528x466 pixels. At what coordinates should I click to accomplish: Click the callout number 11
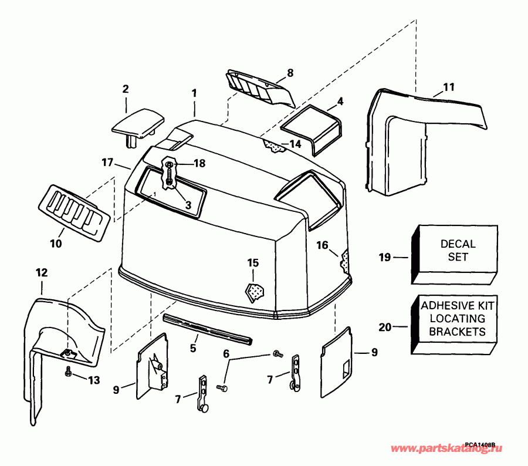(x=449, y=87)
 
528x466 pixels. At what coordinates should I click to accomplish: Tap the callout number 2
(x=126, y=89)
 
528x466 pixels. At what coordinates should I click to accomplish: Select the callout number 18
(x=199, y=163)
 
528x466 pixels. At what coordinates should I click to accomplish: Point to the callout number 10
(x=56, y=244)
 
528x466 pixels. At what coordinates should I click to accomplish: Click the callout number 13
(x=94, y=380)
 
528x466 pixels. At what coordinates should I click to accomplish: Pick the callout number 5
(x=193, y=348)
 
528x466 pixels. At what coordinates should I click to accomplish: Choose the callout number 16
(x=322, y=245)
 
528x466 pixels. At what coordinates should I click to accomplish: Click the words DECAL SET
(x=458, y=251)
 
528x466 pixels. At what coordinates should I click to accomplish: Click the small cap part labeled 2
(x=138, y=124)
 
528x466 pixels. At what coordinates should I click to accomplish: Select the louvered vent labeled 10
(x=75, y=213)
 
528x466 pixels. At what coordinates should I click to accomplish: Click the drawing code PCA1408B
(x=480, y=444)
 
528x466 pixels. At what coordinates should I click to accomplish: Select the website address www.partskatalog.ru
(x=446, y=449)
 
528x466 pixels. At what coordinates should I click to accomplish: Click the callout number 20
(x=385, y=327)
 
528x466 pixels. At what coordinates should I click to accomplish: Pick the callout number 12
(x=42, y=272)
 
